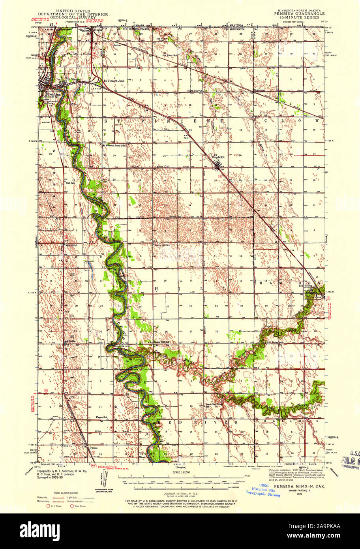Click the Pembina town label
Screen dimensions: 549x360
(x=54, y=95)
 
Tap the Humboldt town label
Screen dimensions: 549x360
(x=217, y=157)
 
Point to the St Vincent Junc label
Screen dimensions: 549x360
(x=114, y=81)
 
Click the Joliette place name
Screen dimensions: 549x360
(x=71, y=341)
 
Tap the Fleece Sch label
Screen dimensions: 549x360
(x=102, y=417)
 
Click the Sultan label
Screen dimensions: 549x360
(x=106, y=46)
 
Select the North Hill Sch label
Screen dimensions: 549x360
(x=162, y=245)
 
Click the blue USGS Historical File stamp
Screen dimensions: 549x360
(x=262, y=489)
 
